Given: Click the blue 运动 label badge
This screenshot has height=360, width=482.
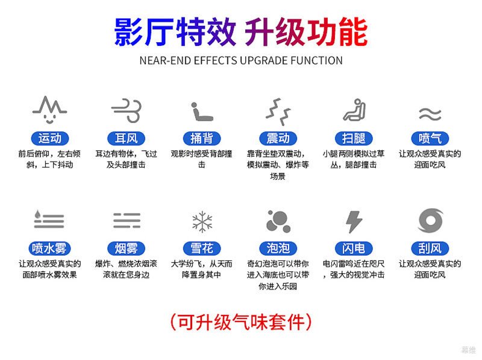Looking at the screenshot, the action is point(50,139).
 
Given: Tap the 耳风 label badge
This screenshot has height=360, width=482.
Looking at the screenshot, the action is point(126,139).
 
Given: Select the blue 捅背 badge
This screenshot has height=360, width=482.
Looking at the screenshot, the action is point(202,139).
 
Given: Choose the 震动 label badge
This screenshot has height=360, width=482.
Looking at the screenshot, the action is point(278,139).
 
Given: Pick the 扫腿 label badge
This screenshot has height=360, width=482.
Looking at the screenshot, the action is point(354,139).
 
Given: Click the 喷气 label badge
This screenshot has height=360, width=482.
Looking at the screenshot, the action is point(430,139).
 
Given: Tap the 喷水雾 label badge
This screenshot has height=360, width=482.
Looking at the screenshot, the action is point(49,248).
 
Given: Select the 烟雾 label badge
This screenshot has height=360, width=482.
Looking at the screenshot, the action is point(126,248).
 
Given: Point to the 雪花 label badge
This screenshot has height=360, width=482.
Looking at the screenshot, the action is point(202,248).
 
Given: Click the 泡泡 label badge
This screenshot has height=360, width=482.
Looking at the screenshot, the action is point(278,248).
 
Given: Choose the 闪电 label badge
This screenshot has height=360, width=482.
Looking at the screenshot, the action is point(354,248).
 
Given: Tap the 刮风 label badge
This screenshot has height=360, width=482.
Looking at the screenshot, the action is point(430,248).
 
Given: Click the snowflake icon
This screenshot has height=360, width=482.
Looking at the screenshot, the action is point(202,221).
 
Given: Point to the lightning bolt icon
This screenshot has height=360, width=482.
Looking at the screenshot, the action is point(354,221).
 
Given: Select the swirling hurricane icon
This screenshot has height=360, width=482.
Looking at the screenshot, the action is point(431,220).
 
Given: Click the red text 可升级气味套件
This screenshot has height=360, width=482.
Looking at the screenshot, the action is point(241,322).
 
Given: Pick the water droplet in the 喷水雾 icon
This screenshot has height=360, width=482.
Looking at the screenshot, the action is point(37,214).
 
